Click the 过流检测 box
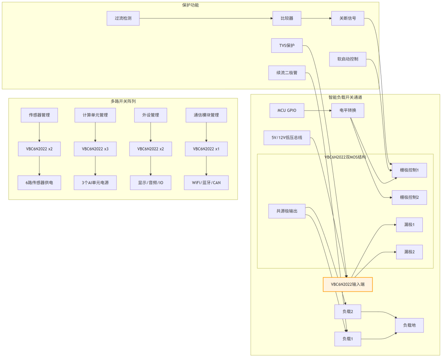[x=123, y=18]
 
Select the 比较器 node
[x=287, y=18]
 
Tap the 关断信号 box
[x=347, y=18]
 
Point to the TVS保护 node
[x=287, y=45]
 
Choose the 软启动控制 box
[x=347, y=59]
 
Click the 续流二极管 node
[x=287, y=73]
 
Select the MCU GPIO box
[x=287, y=110]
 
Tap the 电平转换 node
[x=347, y=110]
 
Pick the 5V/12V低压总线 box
[x=287, y=138]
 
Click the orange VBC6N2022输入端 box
[x=347, y=284]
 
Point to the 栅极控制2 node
[x=409, y=197]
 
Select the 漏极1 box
[x=409, y=225]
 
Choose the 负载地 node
[x=409, y=325]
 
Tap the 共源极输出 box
[x=287, y=211]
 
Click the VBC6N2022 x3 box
[x=95, y=149]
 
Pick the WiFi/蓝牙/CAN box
[x=206, y=183]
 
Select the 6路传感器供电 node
[x=39, y=183]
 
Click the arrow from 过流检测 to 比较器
[x=206, y=18]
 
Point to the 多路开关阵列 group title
[x=123, y=101]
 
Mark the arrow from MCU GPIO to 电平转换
[x=318, y=110]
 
